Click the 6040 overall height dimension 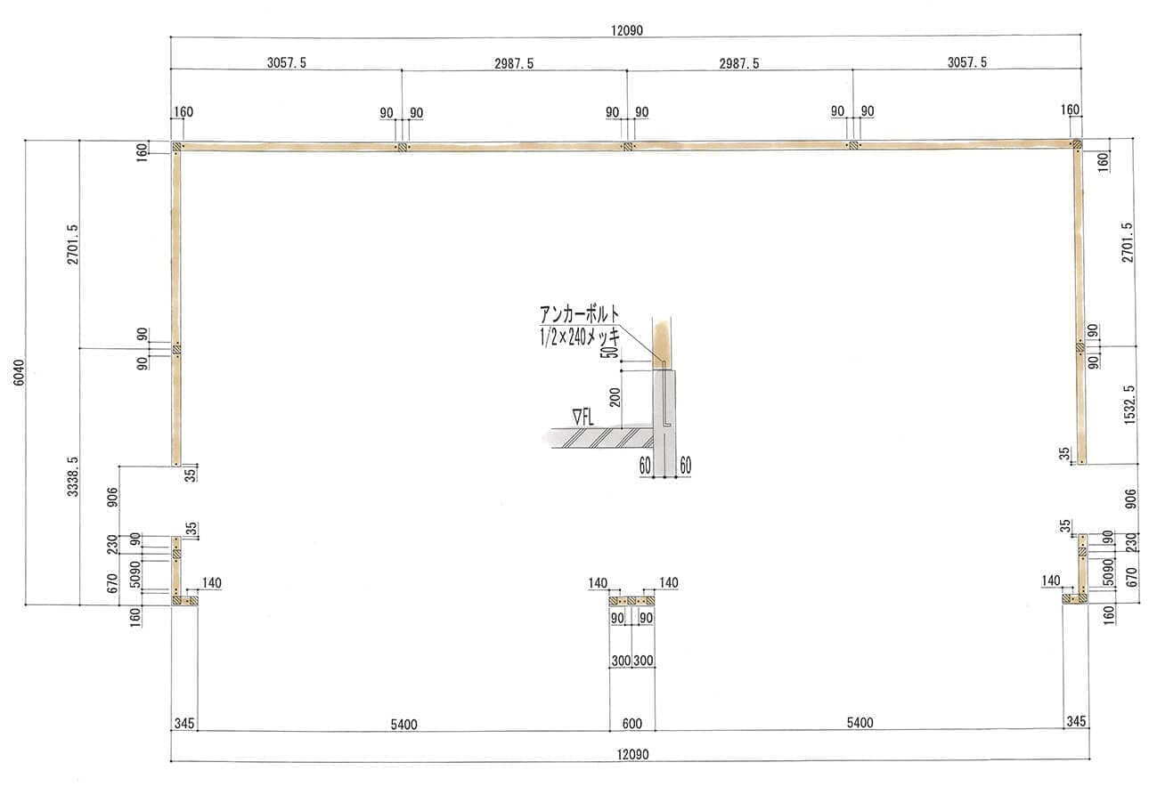19,372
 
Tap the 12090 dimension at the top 627,30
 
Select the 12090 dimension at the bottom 632,754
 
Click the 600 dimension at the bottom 632,724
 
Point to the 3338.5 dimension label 72,476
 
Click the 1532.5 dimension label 1129,405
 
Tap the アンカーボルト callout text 579,314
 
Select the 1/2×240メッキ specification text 580,337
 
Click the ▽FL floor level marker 583,418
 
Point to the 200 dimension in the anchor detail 615,398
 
